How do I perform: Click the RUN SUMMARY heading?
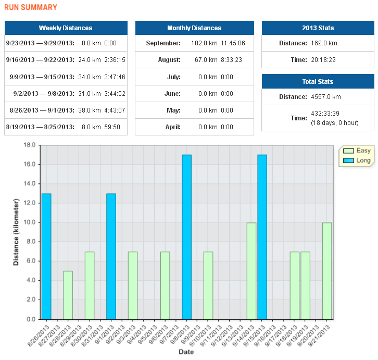[31, 7]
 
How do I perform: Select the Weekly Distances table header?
[66, 28]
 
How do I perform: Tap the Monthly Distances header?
[194, 28]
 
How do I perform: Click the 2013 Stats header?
[318, 28]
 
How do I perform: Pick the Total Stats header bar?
[318, 82]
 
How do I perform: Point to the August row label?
[169, 60]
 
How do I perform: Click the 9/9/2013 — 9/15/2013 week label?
[42, 77]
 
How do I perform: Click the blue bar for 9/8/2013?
[186, 237]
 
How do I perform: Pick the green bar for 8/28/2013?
[68, 295]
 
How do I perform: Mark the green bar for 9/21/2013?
[326, 270]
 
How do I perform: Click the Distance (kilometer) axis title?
[16, 232]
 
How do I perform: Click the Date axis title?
[186, 352]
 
